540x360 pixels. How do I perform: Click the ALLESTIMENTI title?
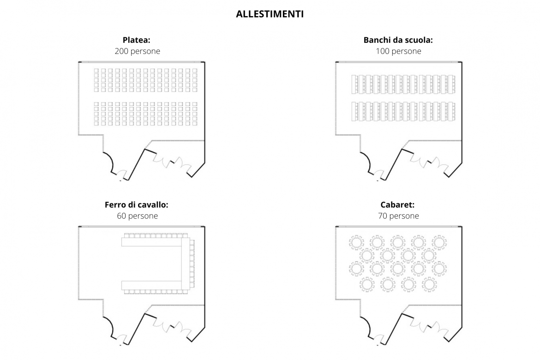[270, 14]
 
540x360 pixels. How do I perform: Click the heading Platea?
[136, 40]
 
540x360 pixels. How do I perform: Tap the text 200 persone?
[138, 51]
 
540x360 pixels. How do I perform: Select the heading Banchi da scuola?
[398, 40]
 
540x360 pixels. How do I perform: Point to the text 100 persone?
[398, 51]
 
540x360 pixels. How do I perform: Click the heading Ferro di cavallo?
[136, 204]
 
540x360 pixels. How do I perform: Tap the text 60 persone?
[138, 216]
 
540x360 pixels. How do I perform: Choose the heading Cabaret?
[397, 204]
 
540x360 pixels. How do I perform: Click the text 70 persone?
[398, 216]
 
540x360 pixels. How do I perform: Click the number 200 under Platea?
[121, 51]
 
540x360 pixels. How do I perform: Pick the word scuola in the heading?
[420, 40]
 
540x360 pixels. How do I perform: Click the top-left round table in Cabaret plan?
[356, 242]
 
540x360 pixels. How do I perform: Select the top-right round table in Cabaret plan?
[439, 242]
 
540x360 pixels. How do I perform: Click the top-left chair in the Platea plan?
[96, 71]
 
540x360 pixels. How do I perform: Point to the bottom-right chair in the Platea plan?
[195, 123]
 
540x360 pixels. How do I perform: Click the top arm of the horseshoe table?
[151, 242]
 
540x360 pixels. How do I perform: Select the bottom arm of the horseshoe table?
[151, 285]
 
